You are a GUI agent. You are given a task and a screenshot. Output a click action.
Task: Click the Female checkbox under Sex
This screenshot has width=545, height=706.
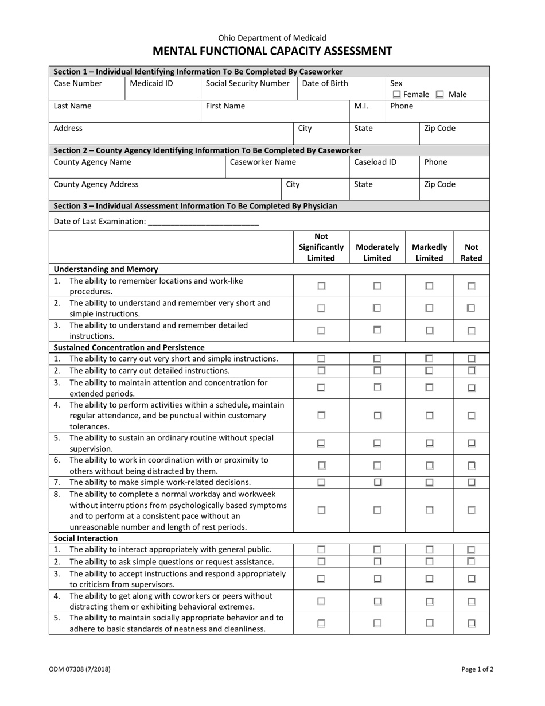(396, 94)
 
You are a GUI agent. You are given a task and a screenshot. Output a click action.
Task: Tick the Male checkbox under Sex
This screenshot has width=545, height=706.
(440, 94)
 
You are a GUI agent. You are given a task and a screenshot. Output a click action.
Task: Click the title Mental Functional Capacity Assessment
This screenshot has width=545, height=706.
(272, 51)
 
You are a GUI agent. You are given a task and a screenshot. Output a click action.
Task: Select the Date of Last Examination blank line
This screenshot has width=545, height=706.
(203, 222)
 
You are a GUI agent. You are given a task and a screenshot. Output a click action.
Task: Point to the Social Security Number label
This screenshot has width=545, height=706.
(247, 83)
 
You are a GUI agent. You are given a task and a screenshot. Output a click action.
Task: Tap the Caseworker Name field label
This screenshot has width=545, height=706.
(263, 162)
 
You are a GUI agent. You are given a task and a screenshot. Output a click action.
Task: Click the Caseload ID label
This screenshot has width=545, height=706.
(375, 162)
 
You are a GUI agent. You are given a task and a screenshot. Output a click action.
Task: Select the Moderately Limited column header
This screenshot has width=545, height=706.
(377, 252)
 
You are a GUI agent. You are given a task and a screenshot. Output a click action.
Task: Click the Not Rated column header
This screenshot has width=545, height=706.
(471, 252)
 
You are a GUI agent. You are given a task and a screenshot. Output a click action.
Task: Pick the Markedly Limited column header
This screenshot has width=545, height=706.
(429, 252)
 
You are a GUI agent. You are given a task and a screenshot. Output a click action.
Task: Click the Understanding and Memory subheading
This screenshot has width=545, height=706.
(106, 269)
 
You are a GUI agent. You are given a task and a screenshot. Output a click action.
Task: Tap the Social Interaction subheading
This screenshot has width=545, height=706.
(85, 538)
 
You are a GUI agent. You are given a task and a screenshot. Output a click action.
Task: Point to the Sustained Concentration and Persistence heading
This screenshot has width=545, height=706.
(129, 347)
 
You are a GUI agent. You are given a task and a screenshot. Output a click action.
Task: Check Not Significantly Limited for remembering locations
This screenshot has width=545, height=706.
(321, 286)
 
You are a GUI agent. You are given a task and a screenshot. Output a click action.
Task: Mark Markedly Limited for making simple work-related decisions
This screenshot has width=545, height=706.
(429, 482)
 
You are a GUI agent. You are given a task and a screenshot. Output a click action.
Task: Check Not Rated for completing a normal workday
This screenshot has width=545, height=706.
(471, 510)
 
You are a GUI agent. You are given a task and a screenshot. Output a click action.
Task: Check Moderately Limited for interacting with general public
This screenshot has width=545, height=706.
(377, 550)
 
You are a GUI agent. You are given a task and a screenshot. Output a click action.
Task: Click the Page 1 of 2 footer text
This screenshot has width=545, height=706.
(477, 669)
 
